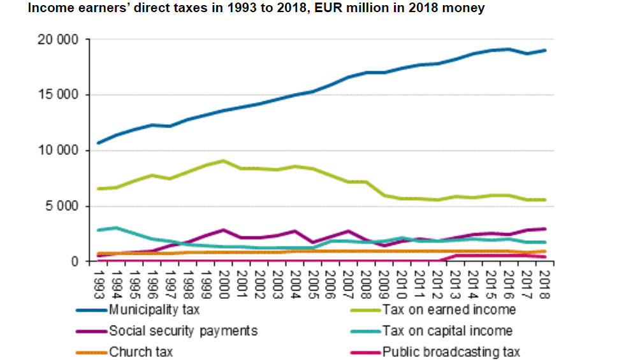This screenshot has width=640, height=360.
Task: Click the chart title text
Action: [254, 9]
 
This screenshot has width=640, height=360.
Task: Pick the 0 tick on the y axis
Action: [75, 261]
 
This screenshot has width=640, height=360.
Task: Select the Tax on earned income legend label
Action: [449, 310]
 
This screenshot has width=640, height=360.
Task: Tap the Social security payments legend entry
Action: [183, 331]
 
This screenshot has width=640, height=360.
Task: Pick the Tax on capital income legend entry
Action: [447, 331]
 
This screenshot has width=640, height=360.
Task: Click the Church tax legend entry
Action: [141, 352]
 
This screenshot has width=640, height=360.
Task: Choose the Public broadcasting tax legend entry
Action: [451, 352]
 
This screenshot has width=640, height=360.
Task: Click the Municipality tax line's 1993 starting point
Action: [98, 143]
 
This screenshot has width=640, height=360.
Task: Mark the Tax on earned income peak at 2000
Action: [223, 161]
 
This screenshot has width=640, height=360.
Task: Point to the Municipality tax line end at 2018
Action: [546, 50]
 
